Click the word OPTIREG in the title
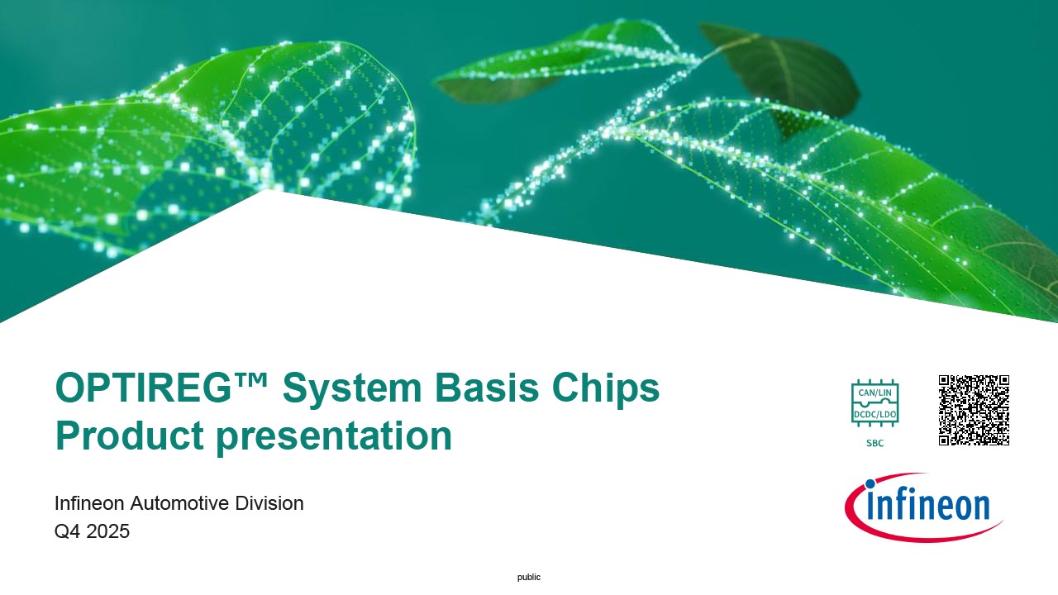tap(144, 388)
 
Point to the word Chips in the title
tap(606, 388)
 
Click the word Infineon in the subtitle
tap(89, 503)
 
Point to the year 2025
tap(107, 531)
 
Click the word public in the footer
tap(529, 577)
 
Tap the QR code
tap(974, 410)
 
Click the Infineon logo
tap(924, 507)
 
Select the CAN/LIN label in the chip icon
tap(875, 393)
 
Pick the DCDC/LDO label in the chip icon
tap(875, 415)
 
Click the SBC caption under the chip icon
tap(875, 443)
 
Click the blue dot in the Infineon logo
tap(870, 484)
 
